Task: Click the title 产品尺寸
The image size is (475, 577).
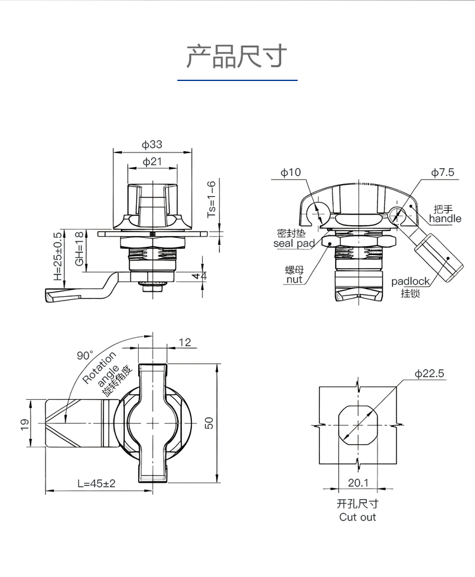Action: coord(237,57)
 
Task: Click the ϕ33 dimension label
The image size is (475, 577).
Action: coord(152,145)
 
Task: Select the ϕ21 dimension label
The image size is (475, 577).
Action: coord(152,161)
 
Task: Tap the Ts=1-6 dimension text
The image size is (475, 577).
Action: coord(212,199)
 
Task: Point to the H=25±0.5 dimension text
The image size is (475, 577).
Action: coord(58,256)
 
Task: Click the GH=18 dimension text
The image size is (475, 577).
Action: coord(79,249)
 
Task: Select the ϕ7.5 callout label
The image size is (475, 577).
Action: coord(443,172)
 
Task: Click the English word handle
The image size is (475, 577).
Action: coord(445,219)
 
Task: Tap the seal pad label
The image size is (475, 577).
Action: coord(294,243)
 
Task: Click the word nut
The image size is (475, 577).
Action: coord(294,279)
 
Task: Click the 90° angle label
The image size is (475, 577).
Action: coord(85,356)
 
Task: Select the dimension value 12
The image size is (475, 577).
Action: coord(184,342)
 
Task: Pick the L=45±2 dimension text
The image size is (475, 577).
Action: coord(97,483)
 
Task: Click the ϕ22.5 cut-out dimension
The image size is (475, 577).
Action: coord(430,374)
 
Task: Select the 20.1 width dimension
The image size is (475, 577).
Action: coord(358,483)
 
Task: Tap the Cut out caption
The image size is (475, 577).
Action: coord(358,517)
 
